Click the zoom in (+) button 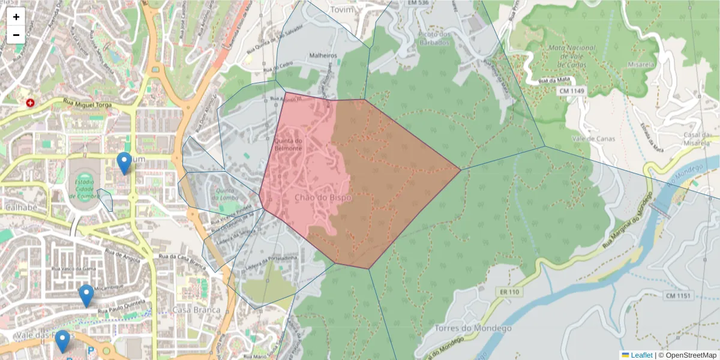point(16,17)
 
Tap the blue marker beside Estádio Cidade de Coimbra point(124,163)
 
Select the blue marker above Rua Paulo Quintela point(86,295)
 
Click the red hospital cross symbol point(30,103)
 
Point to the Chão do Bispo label point(319,197)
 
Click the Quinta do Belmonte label point(288,145)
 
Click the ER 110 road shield point(508,292)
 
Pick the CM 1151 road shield point(679,295)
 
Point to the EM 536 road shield point(418,3)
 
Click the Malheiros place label point(323,56)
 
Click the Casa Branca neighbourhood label point(196,310)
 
